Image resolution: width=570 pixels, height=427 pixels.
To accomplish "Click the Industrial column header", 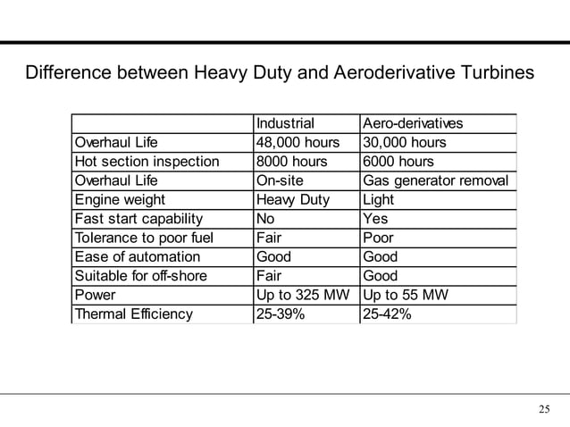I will [x=286, y=123].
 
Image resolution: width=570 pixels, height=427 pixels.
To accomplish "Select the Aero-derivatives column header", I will [x=412, y=123].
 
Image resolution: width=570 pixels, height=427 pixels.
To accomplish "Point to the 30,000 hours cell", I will [x=405, y=142].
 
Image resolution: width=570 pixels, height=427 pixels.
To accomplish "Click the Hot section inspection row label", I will [x=147, y=162].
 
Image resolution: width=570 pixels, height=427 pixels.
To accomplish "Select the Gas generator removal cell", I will [x=436, y=180].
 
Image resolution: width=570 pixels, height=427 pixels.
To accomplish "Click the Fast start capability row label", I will [x=138, y=219].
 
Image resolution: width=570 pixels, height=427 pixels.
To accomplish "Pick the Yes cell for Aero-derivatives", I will [x=376, y=219].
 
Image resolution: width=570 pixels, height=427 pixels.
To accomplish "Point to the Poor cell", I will [x=379, y=238].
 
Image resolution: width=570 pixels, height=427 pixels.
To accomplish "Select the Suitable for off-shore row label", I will [x=140, y=276].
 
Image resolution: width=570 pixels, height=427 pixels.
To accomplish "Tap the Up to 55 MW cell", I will [x=406, y=295].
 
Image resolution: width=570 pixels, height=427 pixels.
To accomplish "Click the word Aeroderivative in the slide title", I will [x=376, y=72].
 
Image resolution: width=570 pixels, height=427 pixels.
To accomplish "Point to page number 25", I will [x=545, y=409].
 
